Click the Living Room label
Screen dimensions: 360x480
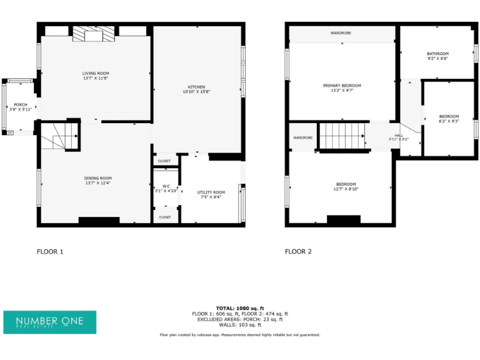[96, 73]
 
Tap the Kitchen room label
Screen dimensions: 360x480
[196, 87]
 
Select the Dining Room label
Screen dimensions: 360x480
[98, 178]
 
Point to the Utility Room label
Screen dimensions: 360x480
[211, 192]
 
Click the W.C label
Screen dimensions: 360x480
[166, 186]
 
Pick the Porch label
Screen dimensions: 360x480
[21, 104]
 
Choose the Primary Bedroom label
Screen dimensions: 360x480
[342, 86]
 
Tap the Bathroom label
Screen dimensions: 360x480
[437, 54]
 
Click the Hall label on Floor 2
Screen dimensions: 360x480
[399, 135]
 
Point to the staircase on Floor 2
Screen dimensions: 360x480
[342, 136]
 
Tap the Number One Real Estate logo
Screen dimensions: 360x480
[49, 322]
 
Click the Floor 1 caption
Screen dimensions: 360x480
[50, 252]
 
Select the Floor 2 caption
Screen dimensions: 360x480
[298, 252]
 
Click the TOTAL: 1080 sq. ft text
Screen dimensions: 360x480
[240, 308]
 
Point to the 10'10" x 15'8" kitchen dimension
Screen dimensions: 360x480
[196, 92]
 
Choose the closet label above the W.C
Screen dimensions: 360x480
[164, 161]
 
